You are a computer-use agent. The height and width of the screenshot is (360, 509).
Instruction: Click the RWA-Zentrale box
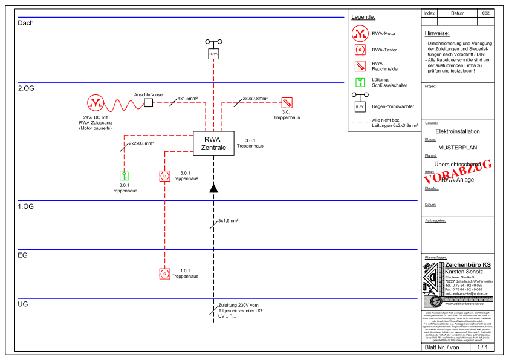(x=213, y=143)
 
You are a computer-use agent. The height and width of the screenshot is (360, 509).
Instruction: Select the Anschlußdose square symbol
(x=148, y=103)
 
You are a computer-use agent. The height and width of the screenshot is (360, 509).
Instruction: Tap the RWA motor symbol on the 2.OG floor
(x=95, y=103)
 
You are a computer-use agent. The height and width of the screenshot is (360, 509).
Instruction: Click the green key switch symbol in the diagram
(x=123, y=177)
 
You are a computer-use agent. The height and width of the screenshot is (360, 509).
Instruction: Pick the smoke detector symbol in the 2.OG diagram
(x=287, y=103)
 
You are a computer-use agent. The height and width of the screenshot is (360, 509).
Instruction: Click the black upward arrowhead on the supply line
(x=213, y=189)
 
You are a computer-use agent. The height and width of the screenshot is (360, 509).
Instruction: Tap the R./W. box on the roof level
(x=213, y=54)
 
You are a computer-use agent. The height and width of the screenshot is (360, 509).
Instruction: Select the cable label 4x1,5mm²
(x=187, y=98)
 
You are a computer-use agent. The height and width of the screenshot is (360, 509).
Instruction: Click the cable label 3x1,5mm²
(x=229, y=221)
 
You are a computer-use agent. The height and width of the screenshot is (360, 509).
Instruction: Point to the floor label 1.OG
(x=26, y=207)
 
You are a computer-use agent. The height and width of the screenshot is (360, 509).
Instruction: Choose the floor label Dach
(x=26, y=23)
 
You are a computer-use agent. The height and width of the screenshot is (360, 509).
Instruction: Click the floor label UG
(x=23, y=304)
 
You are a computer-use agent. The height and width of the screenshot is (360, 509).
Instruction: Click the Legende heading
(x=363, y=17)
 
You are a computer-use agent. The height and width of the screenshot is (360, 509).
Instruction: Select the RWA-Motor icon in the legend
(x=360, y=33)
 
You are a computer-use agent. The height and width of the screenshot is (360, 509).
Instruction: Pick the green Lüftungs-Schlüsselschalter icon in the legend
(x=360, y=83)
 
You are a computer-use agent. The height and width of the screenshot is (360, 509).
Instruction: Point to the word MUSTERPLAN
(x=458, y=146)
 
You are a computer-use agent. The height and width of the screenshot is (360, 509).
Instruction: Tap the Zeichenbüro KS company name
(x=468, y=266)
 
